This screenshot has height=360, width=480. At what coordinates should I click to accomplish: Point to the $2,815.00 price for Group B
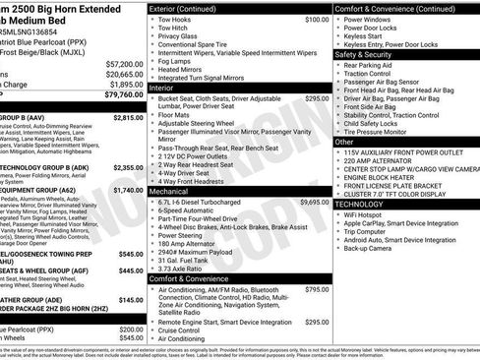pyautogui.click(x=128, y=117)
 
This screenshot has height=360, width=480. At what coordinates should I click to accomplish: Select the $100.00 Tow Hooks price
pyautogui.click(x=317, y=19)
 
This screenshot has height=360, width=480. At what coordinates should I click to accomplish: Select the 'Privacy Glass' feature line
pyautogui.click(x=180, y=36)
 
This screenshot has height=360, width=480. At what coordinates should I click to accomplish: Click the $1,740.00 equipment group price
pyautogui.click(x=128, y=190)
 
